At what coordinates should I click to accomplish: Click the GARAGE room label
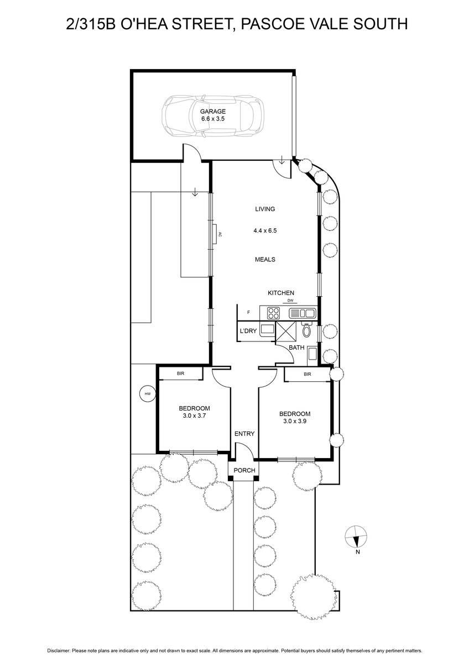tap(213, 112)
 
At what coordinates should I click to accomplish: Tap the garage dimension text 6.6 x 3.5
tap(213, 119)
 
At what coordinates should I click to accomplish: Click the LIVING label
tap(265, 209)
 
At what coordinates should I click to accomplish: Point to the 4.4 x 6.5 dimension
tap(265, 230)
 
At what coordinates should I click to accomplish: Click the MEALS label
tap(265, 260)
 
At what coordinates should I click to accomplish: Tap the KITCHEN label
tap(281, 293)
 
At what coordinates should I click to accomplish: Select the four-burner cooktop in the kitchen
tap(273, 313)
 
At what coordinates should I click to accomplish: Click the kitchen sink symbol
tap(301, 313)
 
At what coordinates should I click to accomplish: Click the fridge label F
tap(248, 312)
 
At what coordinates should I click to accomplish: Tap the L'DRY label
tap(248, 331)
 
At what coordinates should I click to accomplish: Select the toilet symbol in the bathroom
tap(306, 330)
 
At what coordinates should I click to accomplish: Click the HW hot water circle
tap(148, 394)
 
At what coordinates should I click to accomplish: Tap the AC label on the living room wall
tap(220, 234)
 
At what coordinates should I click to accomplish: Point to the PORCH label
tap(244, 470)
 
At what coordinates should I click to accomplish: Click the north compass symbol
tap(356, 536)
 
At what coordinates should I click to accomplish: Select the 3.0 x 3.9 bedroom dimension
tap(294, 421)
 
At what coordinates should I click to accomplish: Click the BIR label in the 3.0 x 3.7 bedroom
tap(180, 373)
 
